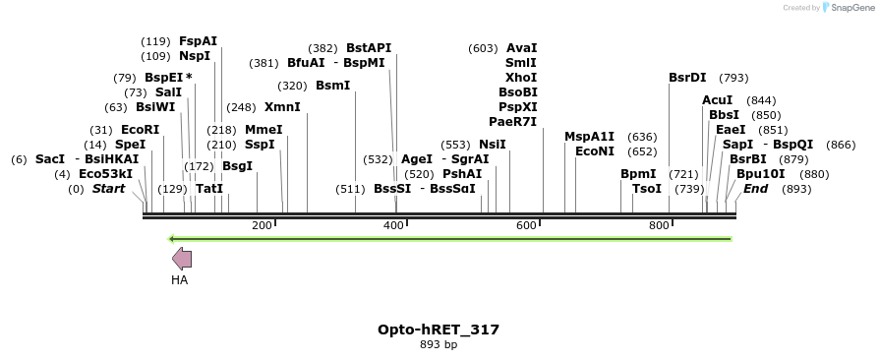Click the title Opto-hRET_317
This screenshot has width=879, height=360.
pos(439,330)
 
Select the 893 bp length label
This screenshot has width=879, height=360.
pos(439,345)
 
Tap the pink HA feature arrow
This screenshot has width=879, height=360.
pos(182,259)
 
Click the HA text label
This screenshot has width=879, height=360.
pos(179,280)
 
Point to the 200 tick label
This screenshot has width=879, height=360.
pos(262,226)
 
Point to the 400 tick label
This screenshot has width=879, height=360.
pos(393,226)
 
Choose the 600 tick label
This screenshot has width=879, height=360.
pos(526,226)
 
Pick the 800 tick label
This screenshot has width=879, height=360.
pos(659,226)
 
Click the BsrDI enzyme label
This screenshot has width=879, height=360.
pos(687,78)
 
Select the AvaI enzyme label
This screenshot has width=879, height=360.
pos(521,48)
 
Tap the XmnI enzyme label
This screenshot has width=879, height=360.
pos(282,107)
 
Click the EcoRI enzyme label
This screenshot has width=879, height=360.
pos(140,130)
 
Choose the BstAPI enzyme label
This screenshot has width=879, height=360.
pos(369,48)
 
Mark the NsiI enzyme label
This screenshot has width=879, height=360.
pos(493,145)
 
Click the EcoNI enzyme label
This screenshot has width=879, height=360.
pos(595,151)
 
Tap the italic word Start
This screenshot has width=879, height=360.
pos(108,189)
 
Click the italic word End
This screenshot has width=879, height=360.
pos(755,189)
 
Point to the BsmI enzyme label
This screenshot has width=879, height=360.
pos(332,86)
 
